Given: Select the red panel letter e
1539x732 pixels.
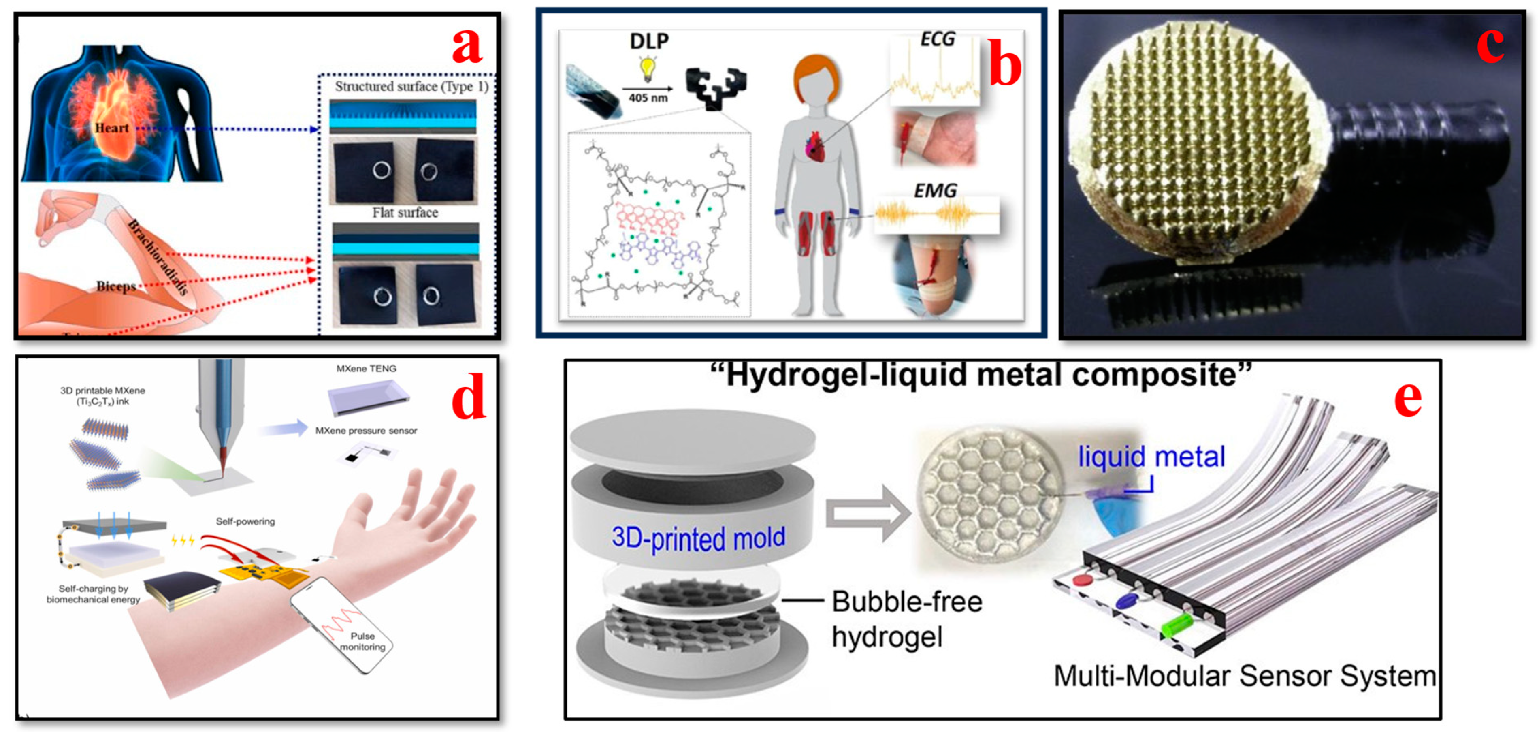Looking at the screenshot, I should coord(1407,400).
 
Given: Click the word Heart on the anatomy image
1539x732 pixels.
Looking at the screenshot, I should coord(112,128).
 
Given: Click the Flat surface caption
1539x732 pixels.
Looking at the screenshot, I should coord(405,213).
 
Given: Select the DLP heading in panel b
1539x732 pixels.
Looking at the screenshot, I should coord(649,41).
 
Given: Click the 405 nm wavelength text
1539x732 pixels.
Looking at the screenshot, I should coord(648,97).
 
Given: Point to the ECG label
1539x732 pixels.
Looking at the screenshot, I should coord(938,39).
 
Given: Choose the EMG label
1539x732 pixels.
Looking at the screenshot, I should coord(935,191).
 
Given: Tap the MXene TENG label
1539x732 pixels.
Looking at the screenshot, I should coord(366,369).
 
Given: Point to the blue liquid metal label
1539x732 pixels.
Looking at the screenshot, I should coord(1151,457).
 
